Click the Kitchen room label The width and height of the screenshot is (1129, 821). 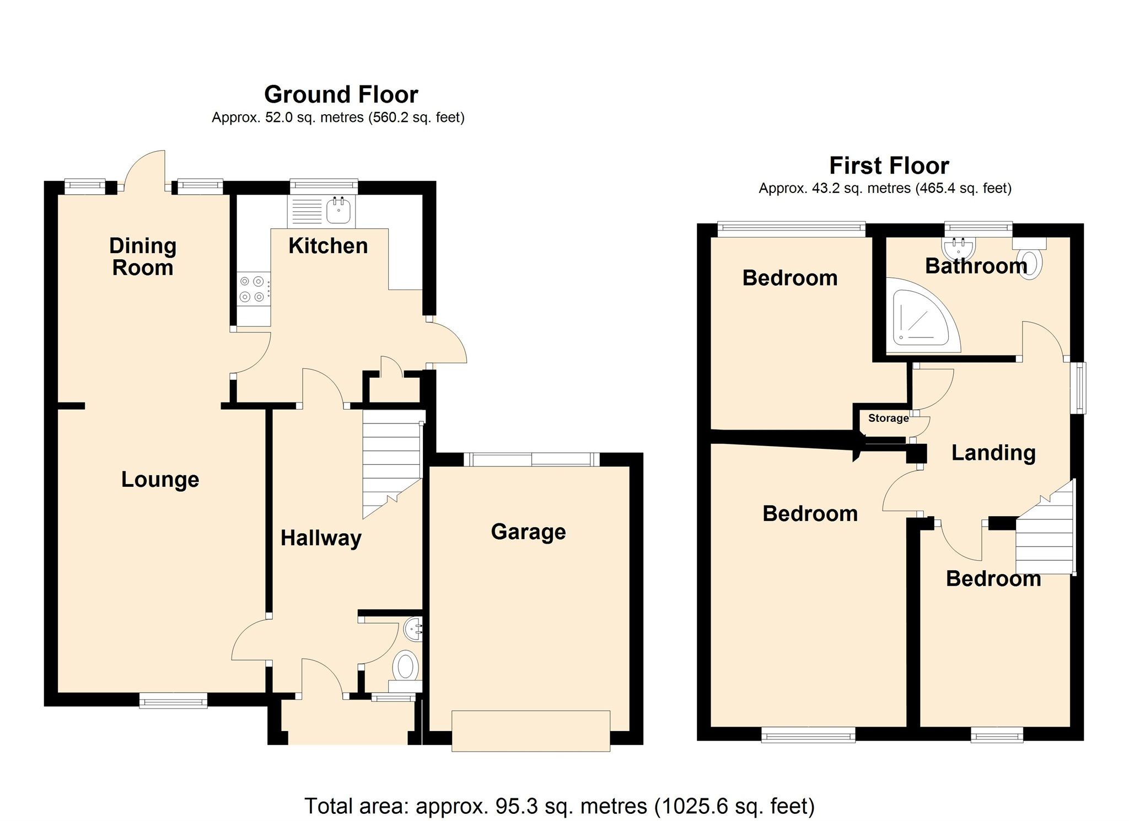click(328, 246)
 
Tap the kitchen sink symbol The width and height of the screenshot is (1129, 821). click(338, 211)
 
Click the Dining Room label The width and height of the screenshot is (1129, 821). click(143, 256)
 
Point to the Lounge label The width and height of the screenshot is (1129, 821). click(160, 479)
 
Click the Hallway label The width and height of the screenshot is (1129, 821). click(321, 538)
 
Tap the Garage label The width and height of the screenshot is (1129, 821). click(528, 532)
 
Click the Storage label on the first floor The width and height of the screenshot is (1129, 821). click(888, 418)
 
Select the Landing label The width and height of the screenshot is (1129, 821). click(993, 453)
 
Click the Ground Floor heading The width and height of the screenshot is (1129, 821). click(341, 94)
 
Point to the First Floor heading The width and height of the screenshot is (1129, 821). click(889, 165)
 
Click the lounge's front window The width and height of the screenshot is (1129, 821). click(173, 701)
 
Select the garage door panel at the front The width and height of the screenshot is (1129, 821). click(531, 731)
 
